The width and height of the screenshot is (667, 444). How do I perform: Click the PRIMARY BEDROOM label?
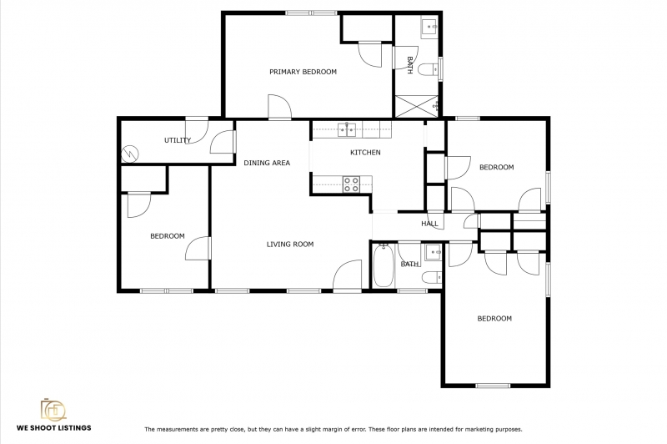tap(303, 72)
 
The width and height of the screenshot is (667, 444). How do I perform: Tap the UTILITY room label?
tap(178, 140)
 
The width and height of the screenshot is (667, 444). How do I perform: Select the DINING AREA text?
tap(267, 163)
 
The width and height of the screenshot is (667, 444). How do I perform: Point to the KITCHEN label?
tap(365, 153)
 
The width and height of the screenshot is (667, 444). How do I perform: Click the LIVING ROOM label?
tap(290, 245)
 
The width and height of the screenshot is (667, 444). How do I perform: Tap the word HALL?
tap(429, 224)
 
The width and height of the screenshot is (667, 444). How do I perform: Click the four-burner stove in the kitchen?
tap(351, 184)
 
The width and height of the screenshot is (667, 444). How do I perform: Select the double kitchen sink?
tap(347, 129)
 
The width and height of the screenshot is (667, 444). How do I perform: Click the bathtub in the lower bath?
tap(384, 265)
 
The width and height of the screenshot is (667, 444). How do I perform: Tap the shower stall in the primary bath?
tap(416, 106)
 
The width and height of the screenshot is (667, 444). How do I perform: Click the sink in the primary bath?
tap(429, 28)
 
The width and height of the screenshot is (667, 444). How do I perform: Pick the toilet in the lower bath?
tap(432, 278)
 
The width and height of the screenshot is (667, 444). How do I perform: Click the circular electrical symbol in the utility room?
tap(130, 154)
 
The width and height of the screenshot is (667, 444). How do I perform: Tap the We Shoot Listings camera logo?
tap(53, 410)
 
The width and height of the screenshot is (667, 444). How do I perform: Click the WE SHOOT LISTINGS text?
tap(54, 428)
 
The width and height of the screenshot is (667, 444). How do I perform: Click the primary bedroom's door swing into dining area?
tap(279, 107)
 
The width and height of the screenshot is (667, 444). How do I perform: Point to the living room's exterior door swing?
tap(347, 275)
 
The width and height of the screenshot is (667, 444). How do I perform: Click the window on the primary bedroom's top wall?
tap(311, 13)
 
